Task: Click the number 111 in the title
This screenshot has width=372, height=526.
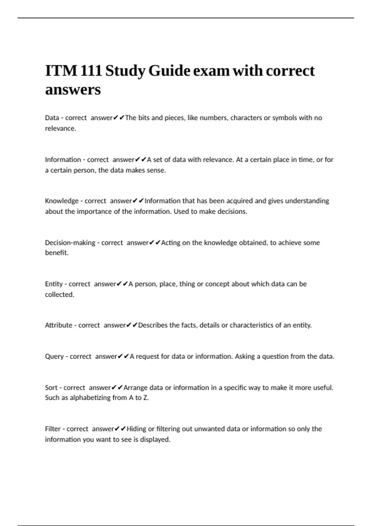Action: point(91,71)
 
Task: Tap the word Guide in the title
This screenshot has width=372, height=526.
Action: point(169,71)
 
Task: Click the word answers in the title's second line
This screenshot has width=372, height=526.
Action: point(73,90)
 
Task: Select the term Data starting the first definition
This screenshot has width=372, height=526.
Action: point(52,118)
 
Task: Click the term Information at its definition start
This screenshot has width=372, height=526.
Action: point(63,160)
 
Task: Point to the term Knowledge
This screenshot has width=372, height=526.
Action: point(62,201)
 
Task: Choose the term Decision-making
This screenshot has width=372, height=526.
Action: point(70,243)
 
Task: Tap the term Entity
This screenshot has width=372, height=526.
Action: point(54,284)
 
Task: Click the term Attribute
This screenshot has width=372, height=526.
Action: point(58,325)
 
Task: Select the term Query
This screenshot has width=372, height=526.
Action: point(54,356)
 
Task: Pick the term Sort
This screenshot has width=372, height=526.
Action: point(51,388)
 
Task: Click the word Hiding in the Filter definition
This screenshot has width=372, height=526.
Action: point(136,429)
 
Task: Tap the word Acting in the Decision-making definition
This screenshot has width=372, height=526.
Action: point(170,243)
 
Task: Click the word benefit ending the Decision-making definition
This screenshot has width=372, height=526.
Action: point(56,253)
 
